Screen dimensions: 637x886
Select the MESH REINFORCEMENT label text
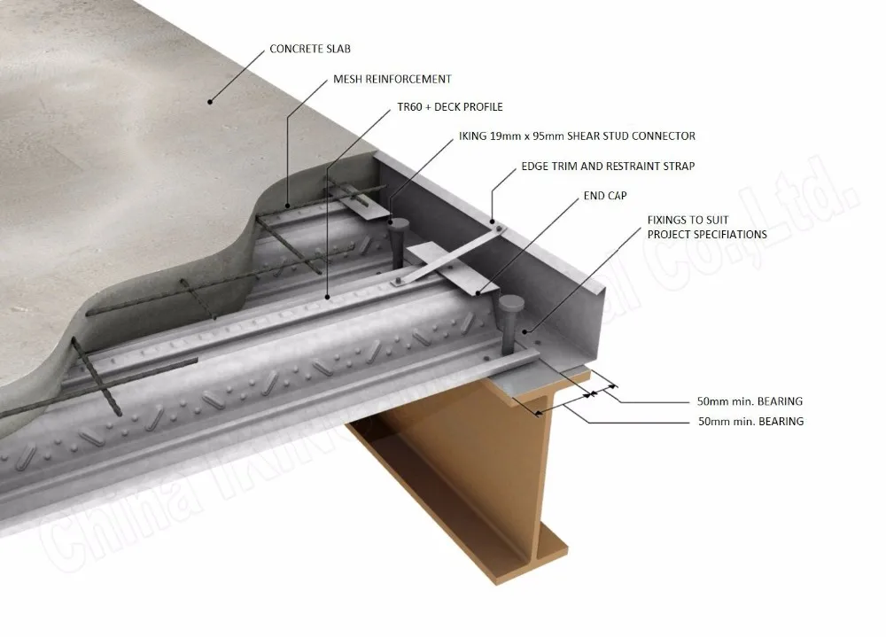click(392, 79)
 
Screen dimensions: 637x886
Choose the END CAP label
click(604, 195)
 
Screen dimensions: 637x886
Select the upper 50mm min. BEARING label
click(750, 401)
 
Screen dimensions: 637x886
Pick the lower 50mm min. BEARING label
click(750, 422)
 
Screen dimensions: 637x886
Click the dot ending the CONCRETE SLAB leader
click(211, 101)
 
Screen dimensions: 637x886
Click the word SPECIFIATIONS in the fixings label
click(721, 234)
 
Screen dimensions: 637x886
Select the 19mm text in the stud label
click(507, 136)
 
